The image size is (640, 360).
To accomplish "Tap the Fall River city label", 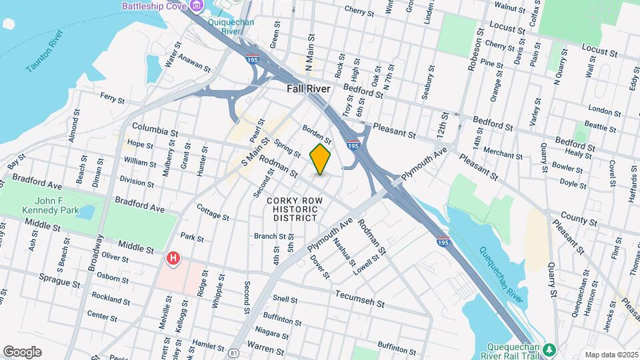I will [309, 89].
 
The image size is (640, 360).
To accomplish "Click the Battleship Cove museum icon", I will [196, 7].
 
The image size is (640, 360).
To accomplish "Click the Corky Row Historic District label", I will [291, 209].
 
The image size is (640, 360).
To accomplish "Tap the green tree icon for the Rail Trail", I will [549, 349].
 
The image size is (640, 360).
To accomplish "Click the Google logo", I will [22, 351].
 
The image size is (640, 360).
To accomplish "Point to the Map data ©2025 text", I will [611, 355].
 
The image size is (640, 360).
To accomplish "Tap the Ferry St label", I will [112, 98].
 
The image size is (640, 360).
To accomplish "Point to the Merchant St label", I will [503, 153].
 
